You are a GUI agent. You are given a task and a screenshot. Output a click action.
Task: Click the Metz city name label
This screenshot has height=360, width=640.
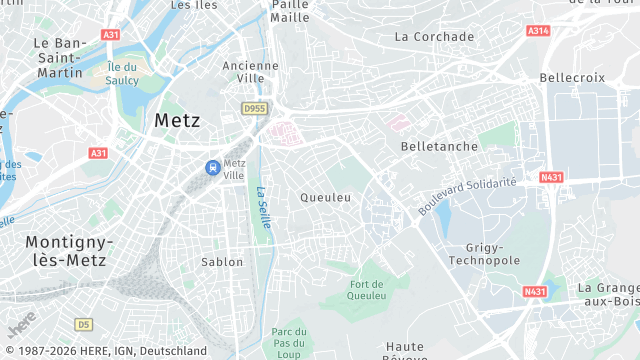[177, 120]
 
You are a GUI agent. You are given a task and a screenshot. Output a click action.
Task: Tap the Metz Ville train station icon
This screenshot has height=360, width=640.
[212, 168]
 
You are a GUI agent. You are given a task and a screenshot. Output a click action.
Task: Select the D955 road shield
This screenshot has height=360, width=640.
[254, 107]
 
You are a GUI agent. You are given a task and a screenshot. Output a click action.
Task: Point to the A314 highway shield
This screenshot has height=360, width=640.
[538, 31]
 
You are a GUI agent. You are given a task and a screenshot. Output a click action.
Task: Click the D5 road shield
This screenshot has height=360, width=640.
[82, 324]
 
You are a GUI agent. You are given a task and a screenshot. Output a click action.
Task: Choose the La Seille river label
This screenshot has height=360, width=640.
[262, 209]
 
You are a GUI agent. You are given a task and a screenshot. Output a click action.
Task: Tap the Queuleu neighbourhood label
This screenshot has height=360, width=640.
[326, 198]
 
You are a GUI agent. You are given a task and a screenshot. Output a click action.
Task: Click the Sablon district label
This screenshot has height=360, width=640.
[221, 262]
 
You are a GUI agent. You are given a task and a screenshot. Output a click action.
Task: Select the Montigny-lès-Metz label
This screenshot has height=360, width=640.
[69, 250]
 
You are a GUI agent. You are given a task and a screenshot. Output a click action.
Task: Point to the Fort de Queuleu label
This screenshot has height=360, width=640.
[367, 289]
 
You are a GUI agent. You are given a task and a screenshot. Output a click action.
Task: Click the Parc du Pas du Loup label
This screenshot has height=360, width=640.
[288, 343]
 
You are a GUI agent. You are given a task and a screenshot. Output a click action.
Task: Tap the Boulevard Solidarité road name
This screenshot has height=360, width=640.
[467, 196]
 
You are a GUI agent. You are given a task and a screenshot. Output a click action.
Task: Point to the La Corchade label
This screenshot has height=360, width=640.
[434, 37]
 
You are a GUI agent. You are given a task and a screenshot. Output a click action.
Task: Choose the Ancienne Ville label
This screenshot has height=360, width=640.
[243, 71]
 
